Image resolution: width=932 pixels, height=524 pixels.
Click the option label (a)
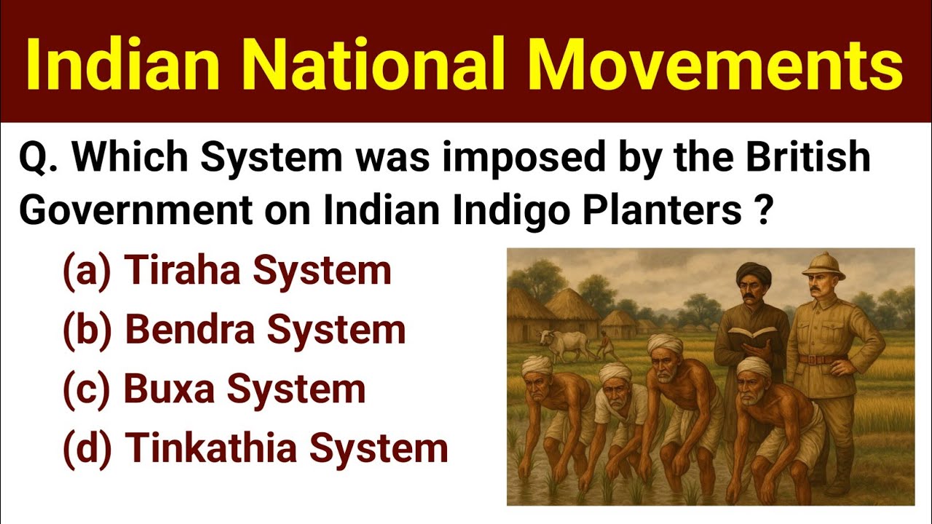(86, 271)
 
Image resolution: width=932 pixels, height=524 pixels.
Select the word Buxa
(170, 389)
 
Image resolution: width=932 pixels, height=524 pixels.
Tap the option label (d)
(87, 448)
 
